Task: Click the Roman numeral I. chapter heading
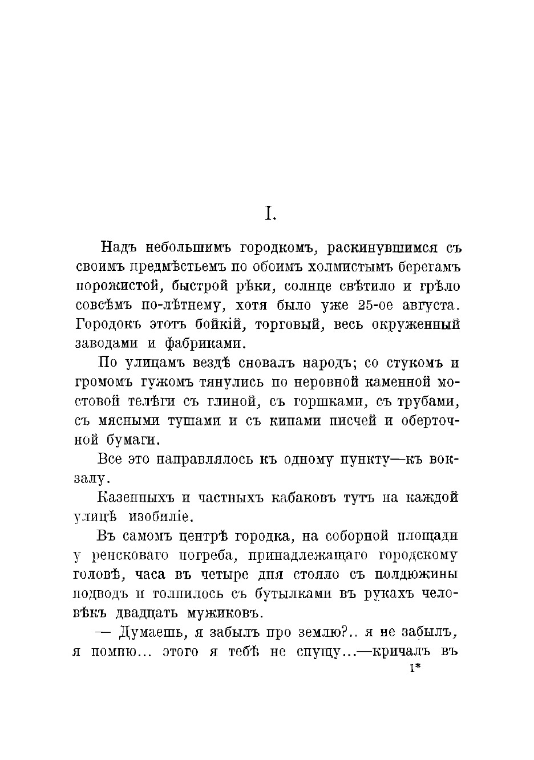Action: [x=270, y=214]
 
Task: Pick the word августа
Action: [x=430, y=306]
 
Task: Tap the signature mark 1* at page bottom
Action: [x=415, y=669]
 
